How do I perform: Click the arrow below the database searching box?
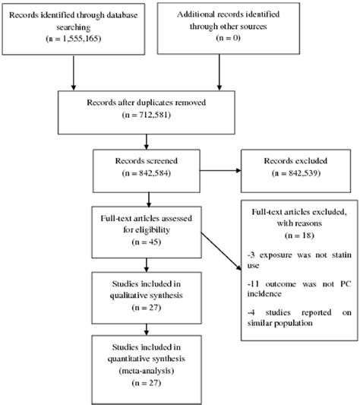tap(74, 74)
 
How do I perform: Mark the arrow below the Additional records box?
tap(220, 74)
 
